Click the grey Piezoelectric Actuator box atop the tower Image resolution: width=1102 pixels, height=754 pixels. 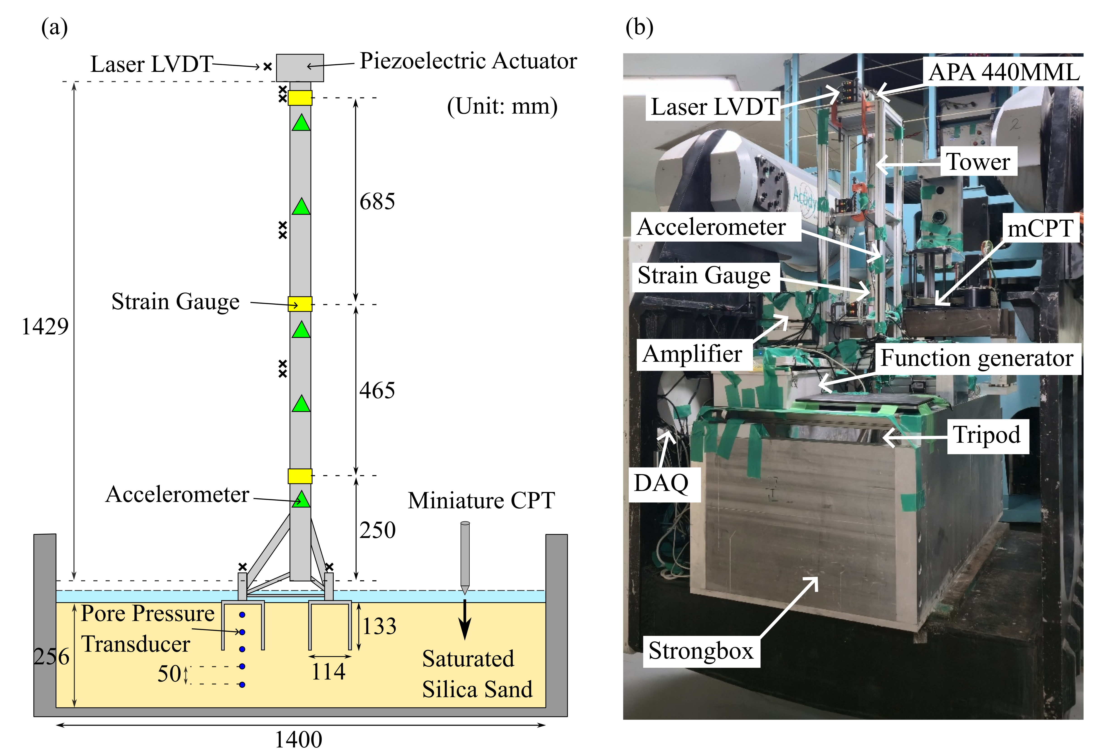click(300, 68)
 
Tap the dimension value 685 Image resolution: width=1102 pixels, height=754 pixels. click(377, 201)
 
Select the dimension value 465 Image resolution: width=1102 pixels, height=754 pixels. click(377, 391)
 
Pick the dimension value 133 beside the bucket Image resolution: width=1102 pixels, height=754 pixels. click(379, 626)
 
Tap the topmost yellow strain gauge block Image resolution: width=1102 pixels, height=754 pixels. click(300, 98)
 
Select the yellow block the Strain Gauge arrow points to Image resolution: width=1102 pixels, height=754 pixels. click(300, 304)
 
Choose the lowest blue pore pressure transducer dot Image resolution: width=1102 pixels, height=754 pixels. click(242, 684)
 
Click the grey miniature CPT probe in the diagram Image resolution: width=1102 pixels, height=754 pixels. click(465, 555)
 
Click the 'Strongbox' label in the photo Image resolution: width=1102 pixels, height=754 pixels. click(701, 651)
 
